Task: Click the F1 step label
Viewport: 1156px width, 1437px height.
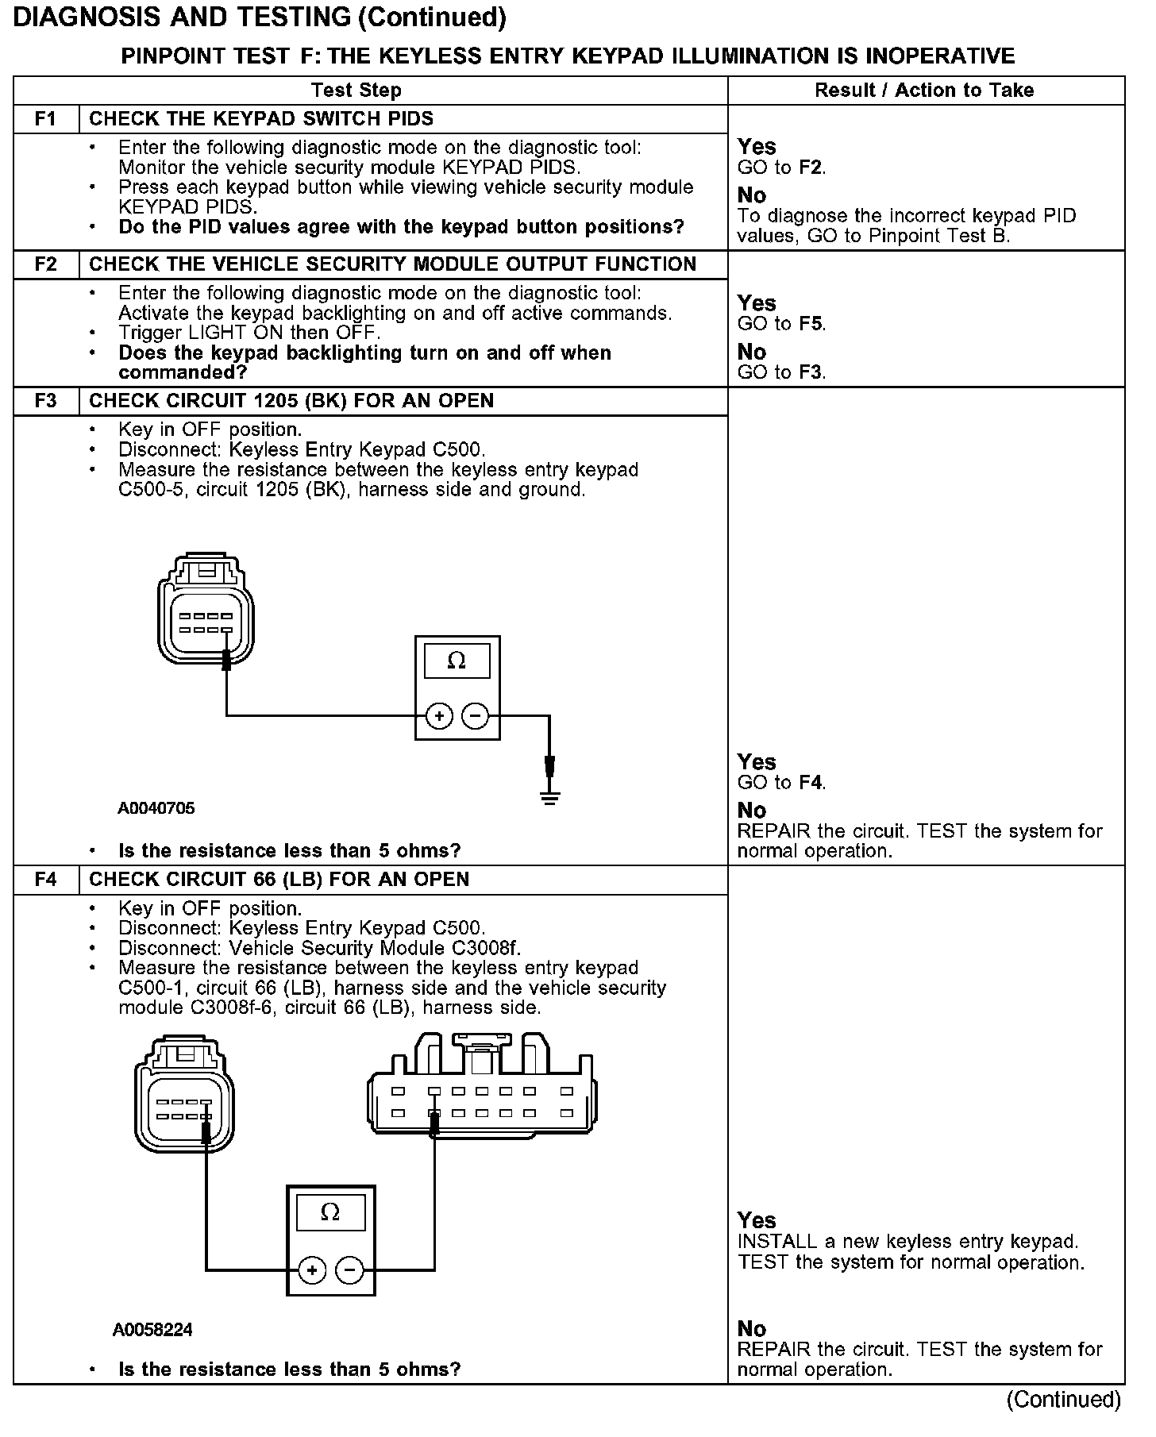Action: pyautogui.click(x=46, y=119)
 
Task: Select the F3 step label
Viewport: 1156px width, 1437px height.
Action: pyautogui.click(x=46, y=401)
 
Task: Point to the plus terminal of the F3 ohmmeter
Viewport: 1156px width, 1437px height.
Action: pyautogui.click(x=439, y=716)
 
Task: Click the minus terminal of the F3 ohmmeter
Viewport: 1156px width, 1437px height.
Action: pyautogui.click(x=475, y=716)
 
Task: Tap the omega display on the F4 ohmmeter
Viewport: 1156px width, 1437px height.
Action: pyautogui.click(x=330, y=1212)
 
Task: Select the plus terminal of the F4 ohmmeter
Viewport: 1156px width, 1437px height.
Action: pyautogui.click(x=312, y=1271)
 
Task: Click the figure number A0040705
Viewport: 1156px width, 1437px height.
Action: pyautogui.click(x=156, y=809)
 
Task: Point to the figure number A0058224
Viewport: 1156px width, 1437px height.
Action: pyautogui.click(x=152, y=1330)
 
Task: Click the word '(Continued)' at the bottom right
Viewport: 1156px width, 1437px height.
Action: pyautogui.click(x=1064, y=1400)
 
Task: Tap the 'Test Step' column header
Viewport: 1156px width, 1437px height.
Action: pyautogui.click(x=356, y=91)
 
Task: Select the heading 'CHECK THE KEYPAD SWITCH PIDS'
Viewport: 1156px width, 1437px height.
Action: pyautogui.click(x=261, y=119)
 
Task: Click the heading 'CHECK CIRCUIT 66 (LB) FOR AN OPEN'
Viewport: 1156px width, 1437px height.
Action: pyautogui.click(x=279, y=880)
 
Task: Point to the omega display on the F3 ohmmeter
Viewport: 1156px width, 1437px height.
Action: pyautogui.click(x=457, y=661)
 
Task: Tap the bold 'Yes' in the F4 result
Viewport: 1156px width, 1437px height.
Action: pyautogui.click(x=757, y=1220)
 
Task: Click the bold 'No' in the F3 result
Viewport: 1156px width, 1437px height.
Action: pyautogui.click(x=752, y=811)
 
